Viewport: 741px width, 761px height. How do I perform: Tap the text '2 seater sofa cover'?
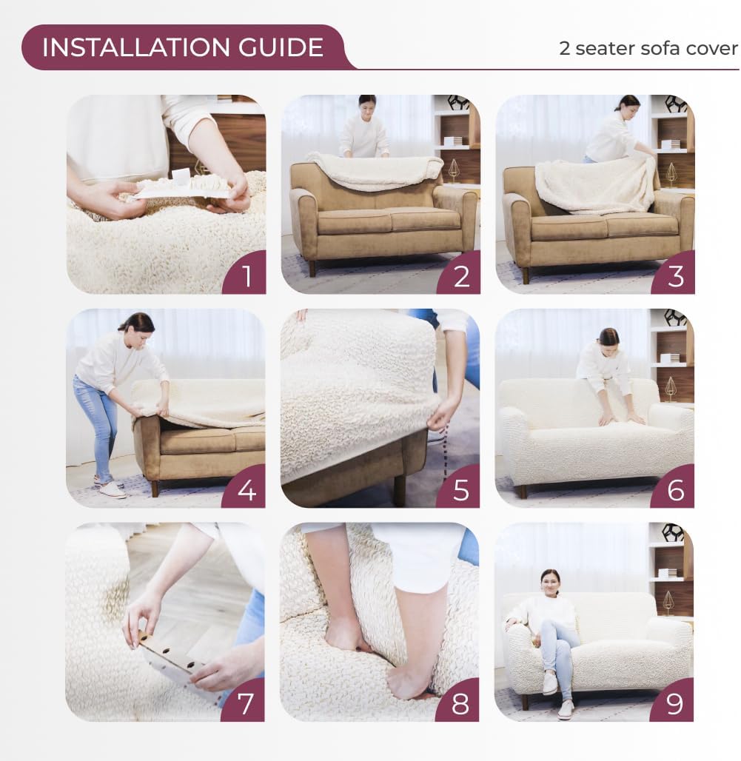[648, 48]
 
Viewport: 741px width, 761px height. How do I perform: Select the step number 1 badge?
[247, 276]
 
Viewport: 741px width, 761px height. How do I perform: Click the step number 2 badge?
[461, 276]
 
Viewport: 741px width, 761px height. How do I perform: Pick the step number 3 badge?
[675, 276]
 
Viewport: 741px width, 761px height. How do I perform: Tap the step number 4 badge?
[247, 489]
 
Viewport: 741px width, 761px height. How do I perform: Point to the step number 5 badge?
[460, 490]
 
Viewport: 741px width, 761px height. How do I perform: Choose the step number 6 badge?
[675, 489]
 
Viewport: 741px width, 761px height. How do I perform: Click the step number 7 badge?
[246, 703]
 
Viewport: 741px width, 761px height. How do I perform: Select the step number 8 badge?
[460, 703]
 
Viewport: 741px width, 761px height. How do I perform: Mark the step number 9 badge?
[674, 703]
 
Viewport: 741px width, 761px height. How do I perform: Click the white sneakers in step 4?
[111, 489]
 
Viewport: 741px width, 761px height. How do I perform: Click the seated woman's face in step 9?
[550, 583]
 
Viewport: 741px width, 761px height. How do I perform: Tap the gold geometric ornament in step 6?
[671, 388]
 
